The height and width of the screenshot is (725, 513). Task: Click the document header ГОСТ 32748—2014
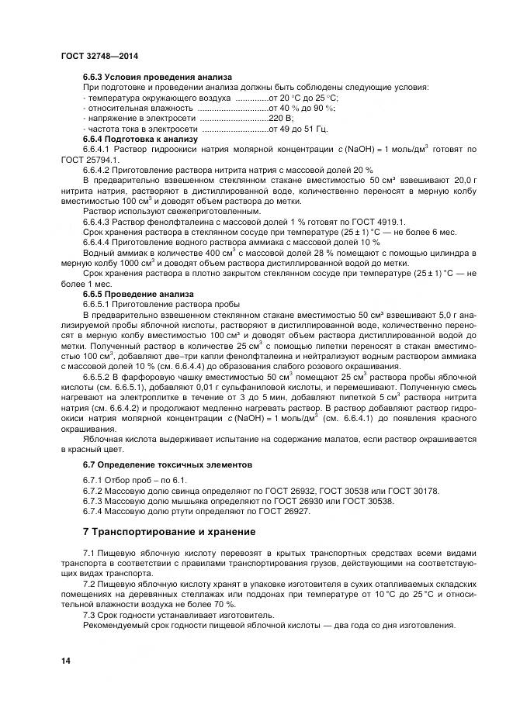(99, 57)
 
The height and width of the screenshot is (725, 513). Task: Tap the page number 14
(66, 660)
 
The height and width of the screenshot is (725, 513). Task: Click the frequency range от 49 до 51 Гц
(298, 128)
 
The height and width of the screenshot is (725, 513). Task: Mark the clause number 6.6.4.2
(98, 168)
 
